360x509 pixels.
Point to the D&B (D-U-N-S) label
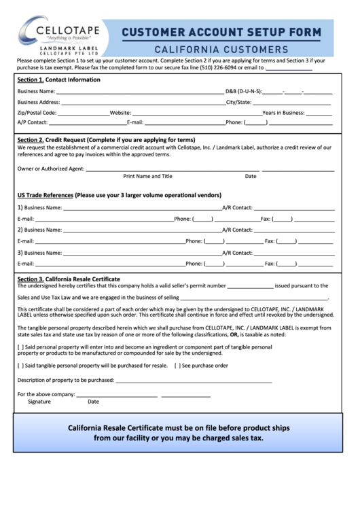point(244,91)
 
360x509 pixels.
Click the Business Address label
point(39,102)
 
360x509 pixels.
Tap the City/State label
point(238,102)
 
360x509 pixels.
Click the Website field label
point(120,113)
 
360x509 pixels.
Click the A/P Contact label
point(33,123)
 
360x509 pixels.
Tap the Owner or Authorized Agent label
point(51,169)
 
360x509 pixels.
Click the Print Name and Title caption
point(147,177)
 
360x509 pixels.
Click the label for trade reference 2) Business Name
point(40,230)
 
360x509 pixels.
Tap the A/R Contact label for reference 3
point(237,252)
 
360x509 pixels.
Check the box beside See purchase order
point(177,366)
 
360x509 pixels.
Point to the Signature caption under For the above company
point(39,402)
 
